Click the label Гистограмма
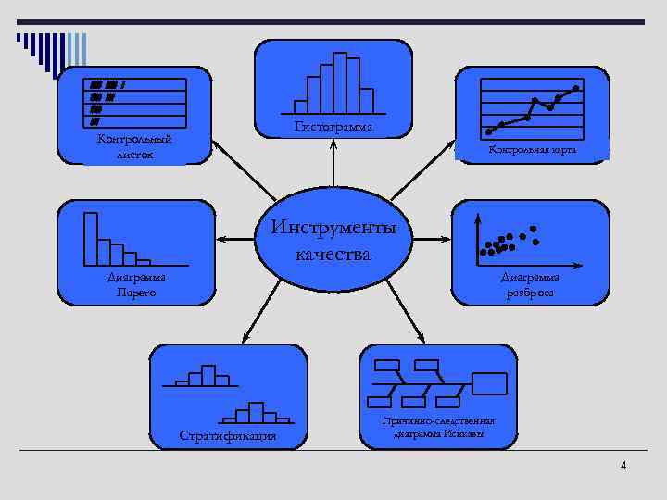click(x=333, y=127)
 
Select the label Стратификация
click(x=228, y=435)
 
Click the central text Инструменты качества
click(x=333, y=241)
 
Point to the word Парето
click(x=136, y=293)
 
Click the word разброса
click(x=530, y=293)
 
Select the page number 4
click(x=623, y=465)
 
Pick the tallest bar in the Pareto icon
click(x=91, y=239)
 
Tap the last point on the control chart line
click(x=576, y=88)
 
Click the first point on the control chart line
click(x=488, y=131)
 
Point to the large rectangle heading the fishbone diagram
click(x=489, y=383)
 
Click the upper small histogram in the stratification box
click(x=201, y=376)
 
